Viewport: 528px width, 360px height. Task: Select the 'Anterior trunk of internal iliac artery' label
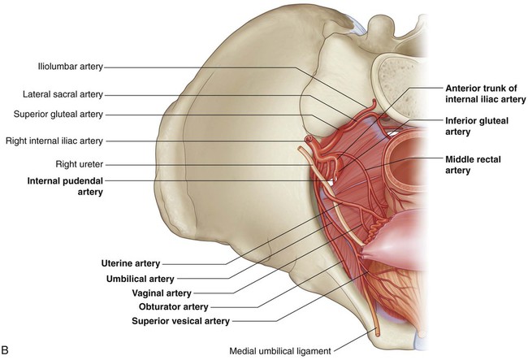point(483,93)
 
